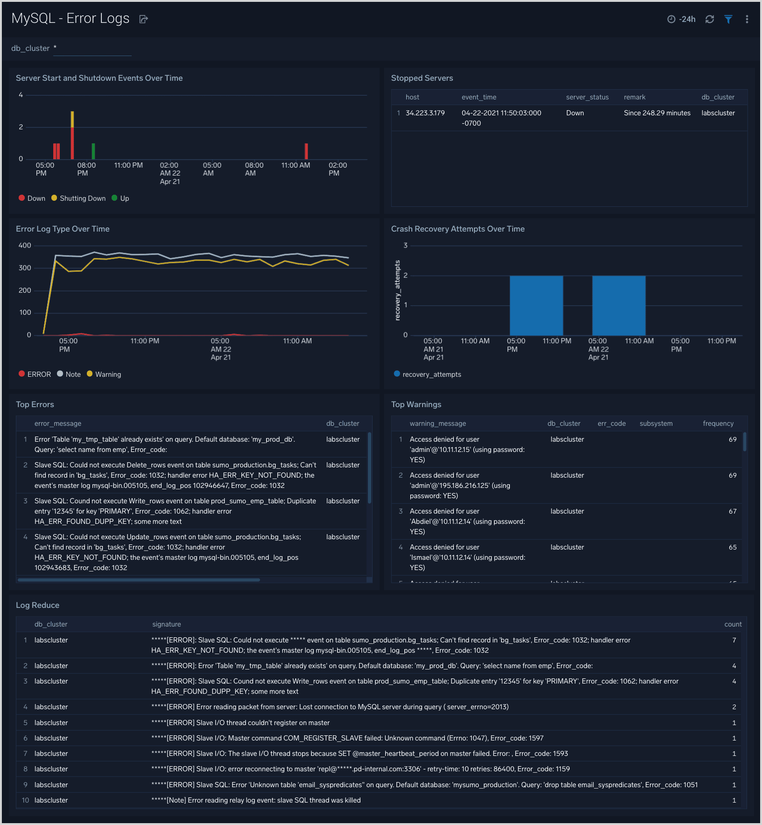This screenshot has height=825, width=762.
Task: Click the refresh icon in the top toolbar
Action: tap(710, 19)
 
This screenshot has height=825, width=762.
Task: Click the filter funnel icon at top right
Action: tap(728, 19)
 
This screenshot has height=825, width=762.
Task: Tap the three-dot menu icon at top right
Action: tap(747, 19)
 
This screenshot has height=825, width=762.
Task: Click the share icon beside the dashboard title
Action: tap(144, 19)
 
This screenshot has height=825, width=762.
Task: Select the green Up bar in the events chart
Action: tap(93, 151)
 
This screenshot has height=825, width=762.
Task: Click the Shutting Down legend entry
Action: tap(82, 198)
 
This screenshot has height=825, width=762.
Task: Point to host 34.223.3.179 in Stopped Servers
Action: tap(425, 113)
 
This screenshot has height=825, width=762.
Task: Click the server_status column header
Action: tap(587, 97)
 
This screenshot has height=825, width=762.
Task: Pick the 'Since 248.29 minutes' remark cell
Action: tap(657, 113)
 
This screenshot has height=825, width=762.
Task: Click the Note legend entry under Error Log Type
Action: tap(73, 374)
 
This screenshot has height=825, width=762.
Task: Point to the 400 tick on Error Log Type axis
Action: tap(25, 246)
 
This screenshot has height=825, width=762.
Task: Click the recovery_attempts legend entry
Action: tap(431, 374)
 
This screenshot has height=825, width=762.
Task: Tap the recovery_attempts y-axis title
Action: tap(397, 290)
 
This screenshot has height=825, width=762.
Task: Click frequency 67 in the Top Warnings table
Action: tap(732, 511)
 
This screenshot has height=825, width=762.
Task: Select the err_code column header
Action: tap(612, 423)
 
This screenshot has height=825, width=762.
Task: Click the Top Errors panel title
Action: tap(35, 404)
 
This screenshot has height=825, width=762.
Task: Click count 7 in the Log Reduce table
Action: tap(734, 640)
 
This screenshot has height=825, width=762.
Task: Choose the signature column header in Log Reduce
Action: tap(167, 624)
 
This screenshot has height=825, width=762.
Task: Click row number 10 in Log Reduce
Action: tap(25, 800)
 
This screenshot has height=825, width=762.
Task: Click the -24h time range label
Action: tap(687, 19)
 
